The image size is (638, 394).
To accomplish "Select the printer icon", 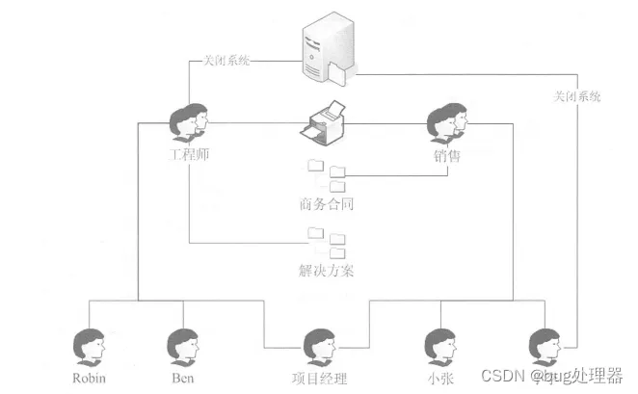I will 325,121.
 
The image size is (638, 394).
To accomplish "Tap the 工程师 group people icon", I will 188,121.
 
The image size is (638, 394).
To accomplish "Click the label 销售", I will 446,155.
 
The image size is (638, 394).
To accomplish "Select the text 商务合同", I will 327,204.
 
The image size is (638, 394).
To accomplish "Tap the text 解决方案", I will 327,270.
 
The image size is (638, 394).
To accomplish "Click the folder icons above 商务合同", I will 327,174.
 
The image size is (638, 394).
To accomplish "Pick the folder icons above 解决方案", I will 327,240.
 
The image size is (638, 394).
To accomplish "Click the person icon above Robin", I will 90,345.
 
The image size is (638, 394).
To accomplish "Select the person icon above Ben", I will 182,345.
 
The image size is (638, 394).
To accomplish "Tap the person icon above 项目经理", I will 317,345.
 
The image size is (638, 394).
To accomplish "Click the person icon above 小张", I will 440,345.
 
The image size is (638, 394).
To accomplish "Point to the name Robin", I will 90,377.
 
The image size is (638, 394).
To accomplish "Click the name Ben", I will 182,377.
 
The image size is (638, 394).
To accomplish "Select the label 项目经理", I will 317,378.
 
